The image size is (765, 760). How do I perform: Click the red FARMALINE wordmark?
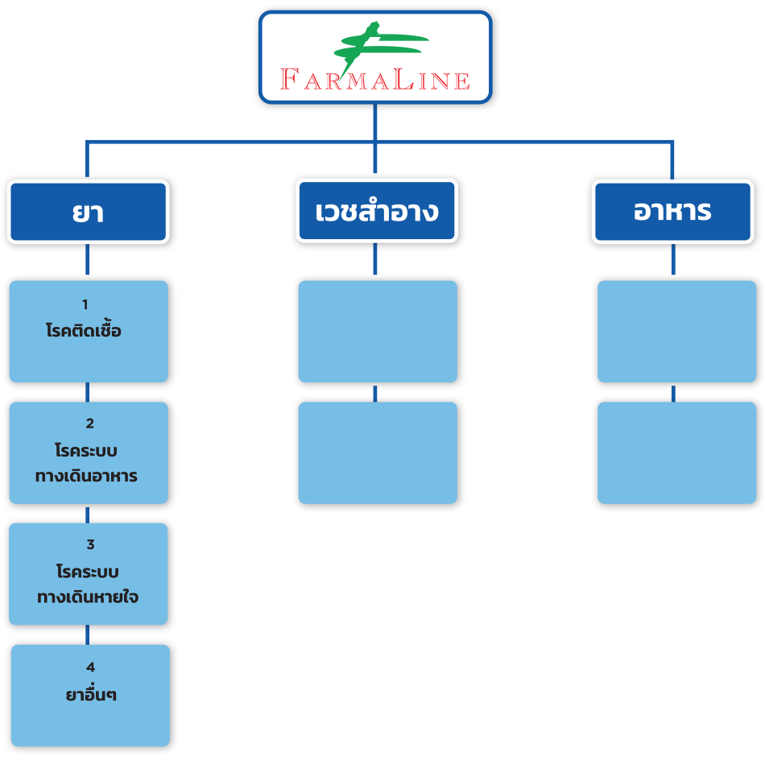click(x=374, y=79)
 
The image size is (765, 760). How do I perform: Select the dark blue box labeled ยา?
click(x=88, y=212)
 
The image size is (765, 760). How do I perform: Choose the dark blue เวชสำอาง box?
click(x=376, y=212)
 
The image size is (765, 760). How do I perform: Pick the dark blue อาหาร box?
click(x=672, y=212)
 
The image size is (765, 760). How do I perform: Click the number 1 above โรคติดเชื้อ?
click(x=85, y=304)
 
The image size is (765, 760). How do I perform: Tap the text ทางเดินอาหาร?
click(x=86, y=476)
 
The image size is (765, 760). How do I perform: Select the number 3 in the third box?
click(x=90, y=545)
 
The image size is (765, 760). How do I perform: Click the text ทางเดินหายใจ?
click(x=88, y=597)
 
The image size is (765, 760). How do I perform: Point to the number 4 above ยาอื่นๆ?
click(x=90, y=667)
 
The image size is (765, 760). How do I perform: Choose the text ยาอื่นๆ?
click(x=91, y=694)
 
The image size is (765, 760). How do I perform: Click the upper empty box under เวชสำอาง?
click(x=377, y=331)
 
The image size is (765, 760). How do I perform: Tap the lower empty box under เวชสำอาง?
click(x=377, y=452)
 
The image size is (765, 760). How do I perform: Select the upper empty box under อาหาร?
click(x=676, y=331)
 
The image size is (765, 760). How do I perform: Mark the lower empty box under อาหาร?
click(x=676, y=452)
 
